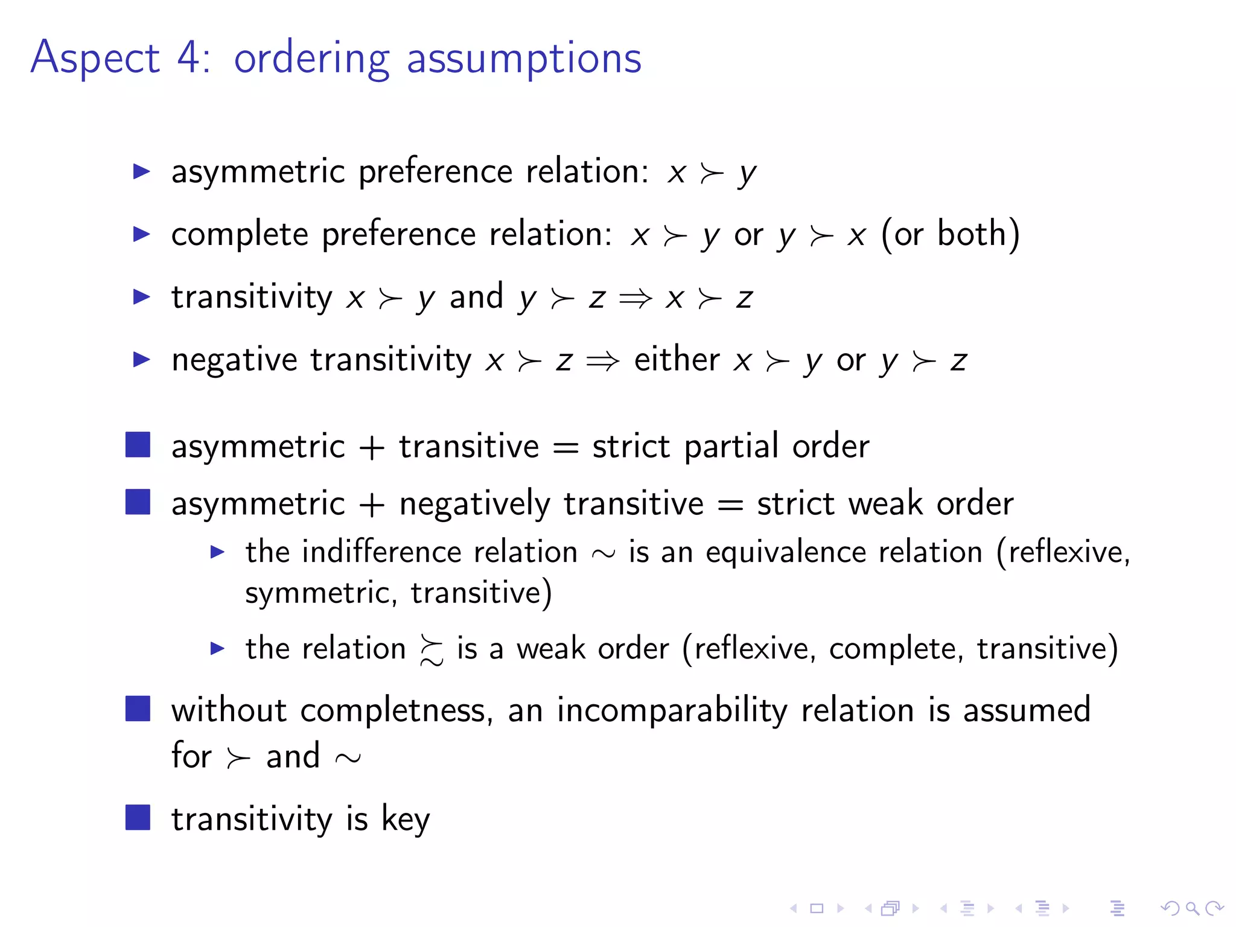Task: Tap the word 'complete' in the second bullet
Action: tap(239, 234)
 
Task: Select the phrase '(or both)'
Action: tap(951, 234)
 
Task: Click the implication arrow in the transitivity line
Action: tap(636, 298)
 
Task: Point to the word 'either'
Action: tap(677, 360)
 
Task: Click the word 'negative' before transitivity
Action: tap(234, 361)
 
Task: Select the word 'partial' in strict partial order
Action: tap(731, 447)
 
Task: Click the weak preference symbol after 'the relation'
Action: tap(431, 651)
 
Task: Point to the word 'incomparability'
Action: tap(672, 711)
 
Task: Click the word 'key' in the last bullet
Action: tap(406, 820)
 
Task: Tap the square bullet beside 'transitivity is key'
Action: tap(138, 818)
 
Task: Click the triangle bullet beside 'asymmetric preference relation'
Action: tap(141, 171)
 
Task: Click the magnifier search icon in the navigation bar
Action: tap(1192, 908)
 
